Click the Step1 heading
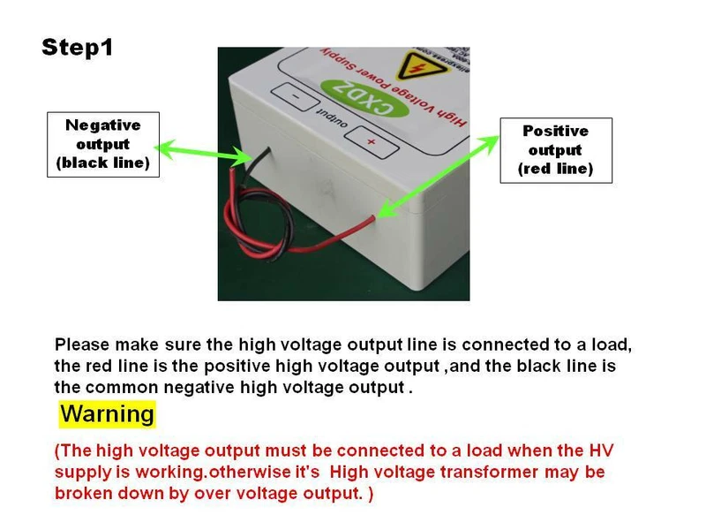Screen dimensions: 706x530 pyautogui.click(x=77, y=48)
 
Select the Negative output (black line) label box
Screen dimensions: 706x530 pyautogui.click(x=103, y=144)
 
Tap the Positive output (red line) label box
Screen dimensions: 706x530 pyautogui.click(x=556, y=150)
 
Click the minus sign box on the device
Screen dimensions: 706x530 pyautogui.click(x=296, y=96)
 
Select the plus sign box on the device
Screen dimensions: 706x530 pyautogui.click(x=372, y=141)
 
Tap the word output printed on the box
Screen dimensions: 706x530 pyautogui.click(x=333, y=118)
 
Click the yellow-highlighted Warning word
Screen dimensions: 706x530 pyautogui.click(x=107, y=413)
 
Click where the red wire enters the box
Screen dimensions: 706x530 pyautogui.click(x=372, y=218)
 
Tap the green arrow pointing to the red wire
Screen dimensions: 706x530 pyautogui.click(x=438, y=176)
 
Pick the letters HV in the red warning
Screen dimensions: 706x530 pyautogui.click(x=601, y=450)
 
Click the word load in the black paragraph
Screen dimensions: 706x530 pyautogui.click(x=612, y=344)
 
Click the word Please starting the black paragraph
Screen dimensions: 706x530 pyautogui.click(x=82, y=344)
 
